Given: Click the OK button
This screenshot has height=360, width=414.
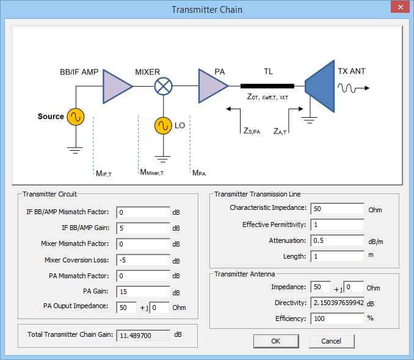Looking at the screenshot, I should coord(276,340).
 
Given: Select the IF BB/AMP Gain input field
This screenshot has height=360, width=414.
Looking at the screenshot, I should coord(142,228).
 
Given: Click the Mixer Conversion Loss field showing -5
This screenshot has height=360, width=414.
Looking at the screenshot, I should coord(142,260).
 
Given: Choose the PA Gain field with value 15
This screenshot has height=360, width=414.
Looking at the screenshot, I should coord(142,292).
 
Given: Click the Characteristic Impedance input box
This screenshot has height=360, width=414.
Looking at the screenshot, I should coord(337,209).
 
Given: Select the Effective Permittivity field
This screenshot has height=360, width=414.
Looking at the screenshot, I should coord(337,225).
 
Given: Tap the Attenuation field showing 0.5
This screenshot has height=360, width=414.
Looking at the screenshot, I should coord(337,240).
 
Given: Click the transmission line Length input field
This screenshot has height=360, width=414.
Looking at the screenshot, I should coord(337,256).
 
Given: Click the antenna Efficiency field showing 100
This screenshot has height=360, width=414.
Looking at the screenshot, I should coord(337,318).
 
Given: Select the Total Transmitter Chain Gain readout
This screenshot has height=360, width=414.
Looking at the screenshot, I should coord(143,335).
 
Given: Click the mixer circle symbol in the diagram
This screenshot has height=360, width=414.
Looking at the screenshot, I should coord(162,87).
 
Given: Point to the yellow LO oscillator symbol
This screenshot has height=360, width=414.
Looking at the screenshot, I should coord(162,126).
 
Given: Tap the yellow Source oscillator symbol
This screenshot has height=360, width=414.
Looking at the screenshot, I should coord(76,117).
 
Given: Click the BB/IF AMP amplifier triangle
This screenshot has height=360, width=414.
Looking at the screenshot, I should coord(117,86).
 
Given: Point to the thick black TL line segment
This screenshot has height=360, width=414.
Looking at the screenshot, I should coord(267,86).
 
